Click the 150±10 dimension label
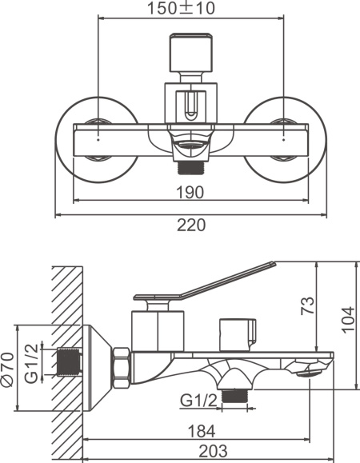(181, 8)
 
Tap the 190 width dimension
(190, 192)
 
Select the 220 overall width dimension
(190, 225)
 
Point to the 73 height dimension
(307, 306)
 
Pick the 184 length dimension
(202, 431)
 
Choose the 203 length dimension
(213, 451)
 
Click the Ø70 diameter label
(7, 369)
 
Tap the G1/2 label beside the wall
(31, 364)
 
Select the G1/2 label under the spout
(198, 401)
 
